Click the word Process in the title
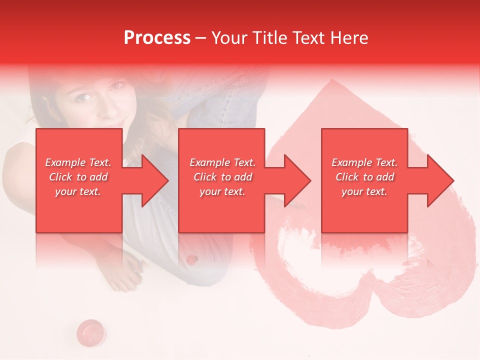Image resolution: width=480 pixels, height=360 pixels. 157,38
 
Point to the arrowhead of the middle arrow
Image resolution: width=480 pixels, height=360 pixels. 296,180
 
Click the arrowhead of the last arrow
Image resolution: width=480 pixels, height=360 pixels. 439,180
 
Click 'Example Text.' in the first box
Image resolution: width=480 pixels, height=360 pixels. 78,162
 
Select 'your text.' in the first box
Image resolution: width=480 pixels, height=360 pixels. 78,191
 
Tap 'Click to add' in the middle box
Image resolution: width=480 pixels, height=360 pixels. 222,177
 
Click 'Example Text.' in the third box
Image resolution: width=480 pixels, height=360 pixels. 364,162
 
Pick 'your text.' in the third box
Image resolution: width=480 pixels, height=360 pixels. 364,191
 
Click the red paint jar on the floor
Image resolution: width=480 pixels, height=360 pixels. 90,330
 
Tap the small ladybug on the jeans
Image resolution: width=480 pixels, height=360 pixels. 191,259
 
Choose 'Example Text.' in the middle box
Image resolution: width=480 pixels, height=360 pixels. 222,162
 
